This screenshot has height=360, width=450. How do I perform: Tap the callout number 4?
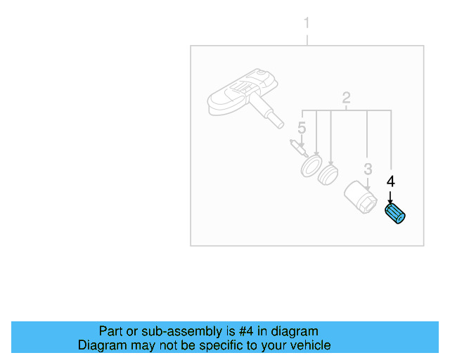pos(391,181)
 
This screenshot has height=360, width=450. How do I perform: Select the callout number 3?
pos(368,169)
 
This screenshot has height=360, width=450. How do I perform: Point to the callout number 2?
pos(346,98)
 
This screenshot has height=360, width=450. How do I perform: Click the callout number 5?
pos(302,128)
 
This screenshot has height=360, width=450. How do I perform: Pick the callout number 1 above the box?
pos(307,24)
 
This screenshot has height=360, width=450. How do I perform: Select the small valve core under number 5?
pos(297,149)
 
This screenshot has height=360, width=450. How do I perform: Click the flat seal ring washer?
pos(309,167)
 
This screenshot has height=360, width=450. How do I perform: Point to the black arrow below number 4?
pos(390,198)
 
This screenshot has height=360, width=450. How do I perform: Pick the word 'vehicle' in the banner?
pos(309,345)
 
